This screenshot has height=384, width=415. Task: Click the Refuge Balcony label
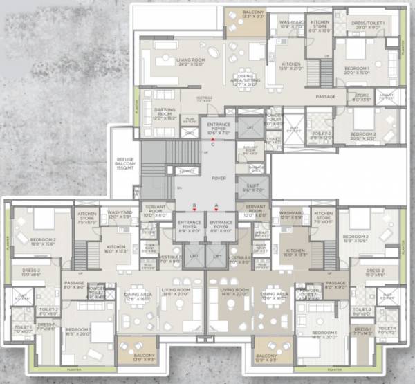[124, 163]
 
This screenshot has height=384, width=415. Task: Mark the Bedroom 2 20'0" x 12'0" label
[362, 135]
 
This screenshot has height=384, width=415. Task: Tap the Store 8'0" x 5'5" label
[361, 98]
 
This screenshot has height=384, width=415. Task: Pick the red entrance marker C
[213, 140]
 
